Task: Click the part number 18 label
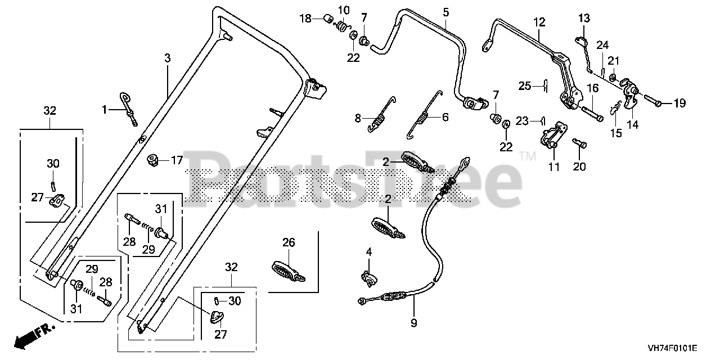click(x=305, y=19)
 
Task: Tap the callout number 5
click(x=446, y=11)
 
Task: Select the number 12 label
click(x=539, y=22)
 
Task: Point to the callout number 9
click(x=413, y=323)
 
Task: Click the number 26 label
click(x=289, y=242)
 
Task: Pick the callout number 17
click(x=177, y=160)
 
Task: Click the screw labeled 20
click(x=579, y=143)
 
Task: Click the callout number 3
click(x=167, y=57)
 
